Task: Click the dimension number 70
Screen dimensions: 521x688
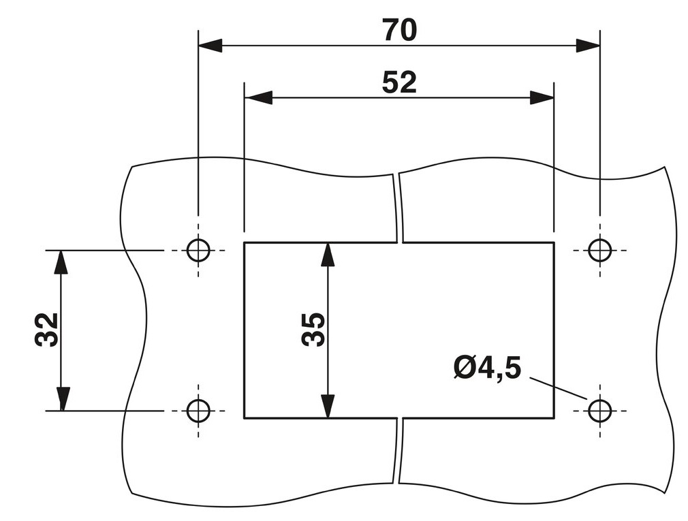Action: click(398, 30)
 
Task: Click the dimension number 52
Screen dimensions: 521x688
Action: click(398, 82)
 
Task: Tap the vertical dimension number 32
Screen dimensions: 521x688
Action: click(47, 330)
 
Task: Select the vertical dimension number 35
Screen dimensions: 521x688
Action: click(313, 330)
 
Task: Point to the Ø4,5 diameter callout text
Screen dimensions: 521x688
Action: click(487, 368)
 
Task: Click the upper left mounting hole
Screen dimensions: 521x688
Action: click(198, 251)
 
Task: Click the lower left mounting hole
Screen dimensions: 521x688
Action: click(198, 411)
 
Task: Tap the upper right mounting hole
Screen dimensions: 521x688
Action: click(599, 251)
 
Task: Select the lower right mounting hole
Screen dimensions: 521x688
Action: click(599, 411)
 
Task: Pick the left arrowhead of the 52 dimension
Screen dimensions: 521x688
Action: click(257, 97)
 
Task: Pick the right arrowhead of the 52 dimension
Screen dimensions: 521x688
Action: click(542, 97)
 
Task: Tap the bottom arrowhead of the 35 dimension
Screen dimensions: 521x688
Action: click(328, 406)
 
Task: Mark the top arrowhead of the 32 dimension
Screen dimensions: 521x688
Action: click(61, 262)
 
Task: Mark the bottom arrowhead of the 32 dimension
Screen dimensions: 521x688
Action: click(61, 399)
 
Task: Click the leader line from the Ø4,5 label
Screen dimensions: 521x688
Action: click(557, 388)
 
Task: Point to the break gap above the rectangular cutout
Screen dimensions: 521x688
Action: click(398, 208)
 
